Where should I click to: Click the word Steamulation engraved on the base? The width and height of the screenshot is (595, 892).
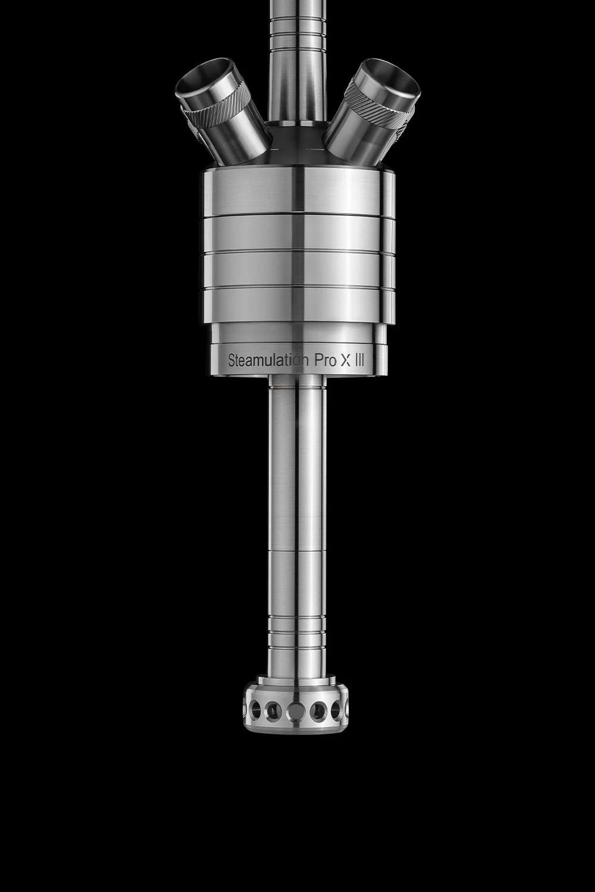pos(268,360)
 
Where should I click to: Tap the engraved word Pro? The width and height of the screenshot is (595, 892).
pos(325,360)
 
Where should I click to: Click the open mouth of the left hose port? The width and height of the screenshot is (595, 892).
pos(202,78)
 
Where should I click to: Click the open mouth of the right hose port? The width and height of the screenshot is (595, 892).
pos(393,78)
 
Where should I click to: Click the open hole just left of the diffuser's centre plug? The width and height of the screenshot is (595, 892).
pos(274,709)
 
